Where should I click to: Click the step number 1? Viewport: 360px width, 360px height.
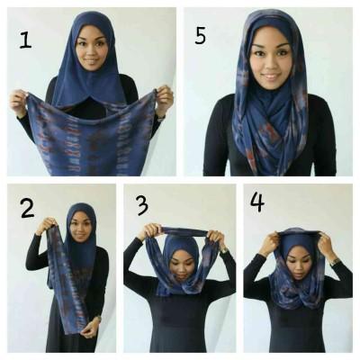coord(25,40)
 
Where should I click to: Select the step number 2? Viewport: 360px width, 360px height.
coord(27,208)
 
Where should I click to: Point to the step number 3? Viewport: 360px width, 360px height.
coord(142,205)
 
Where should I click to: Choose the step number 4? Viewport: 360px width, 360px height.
coord(257,202)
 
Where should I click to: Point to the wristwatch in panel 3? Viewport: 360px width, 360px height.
coord(223,249)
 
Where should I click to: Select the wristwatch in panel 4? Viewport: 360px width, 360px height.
coord(334,261)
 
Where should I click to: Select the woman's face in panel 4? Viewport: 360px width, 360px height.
coord(299,263)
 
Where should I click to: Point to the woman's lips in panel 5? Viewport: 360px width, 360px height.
coord(271,77)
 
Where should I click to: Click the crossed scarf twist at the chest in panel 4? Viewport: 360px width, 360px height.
coord(299,297)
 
